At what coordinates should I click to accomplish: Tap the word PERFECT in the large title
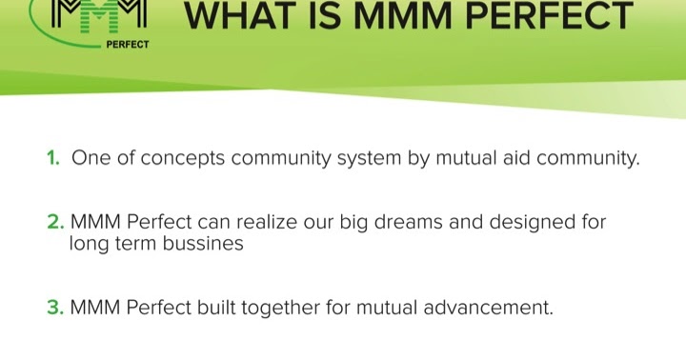click(550, 16)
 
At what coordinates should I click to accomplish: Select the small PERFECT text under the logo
click(128, 44)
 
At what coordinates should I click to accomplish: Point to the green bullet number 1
click(53, 158)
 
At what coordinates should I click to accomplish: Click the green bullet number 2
click(55, 222)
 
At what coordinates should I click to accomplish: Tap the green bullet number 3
click(55, 308)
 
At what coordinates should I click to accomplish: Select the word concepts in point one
click(182, 159)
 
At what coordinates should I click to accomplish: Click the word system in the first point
click(369, 159)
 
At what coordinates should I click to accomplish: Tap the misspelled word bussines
click(203, 243)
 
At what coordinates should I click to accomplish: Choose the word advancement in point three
click(488, 308)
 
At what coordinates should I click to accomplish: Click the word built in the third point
click(216, 307)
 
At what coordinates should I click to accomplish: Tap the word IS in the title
click(324, 16)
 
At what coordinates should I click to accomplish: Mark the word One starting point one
click(91, 158)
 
